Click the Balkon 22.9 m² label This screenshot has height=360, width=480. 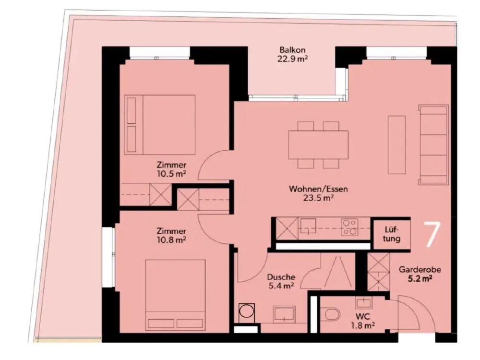point(292,54)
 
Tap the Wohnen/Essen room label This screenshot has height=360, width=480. point(318,193)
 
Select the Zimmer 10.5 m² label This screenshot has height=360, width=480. point(171,169)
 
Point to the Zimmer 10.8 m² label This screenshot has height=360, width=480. point(171,235)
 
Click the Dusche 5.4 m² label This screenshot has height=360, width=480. point(281,281)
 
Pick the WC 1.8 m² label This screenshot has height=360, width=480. point(363,321)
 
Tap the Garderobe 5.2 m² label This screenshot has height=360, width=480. point(420,274)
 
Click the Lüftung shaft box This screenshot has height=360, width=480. point(392,234)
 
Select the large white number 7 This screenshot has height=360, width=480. point(432,234)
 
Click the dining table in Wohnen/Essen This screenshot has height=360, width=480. point(318,145)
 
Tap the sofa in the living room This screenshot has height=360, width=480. point(433,145)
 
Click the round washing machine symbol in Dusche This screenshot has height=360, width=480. point(246,312)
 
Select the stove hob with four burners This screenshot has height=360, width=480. point(349,227)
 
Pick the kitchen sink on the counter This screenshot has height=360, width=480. point(308,226)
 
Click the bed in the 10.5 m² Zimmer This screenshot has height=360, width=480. point(160,125)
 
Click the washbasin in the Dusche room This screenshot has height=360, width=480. point(284,314)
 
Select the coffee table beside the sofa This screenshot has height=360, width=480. point(397,145)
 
